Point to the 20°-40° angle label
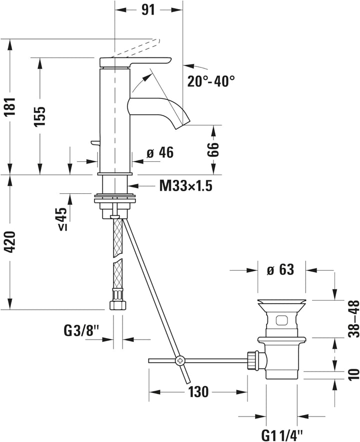[211, 81]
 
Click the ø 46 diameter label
[159, 153]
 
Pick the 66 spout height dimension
[214, 149]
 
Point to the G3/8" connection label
[82, 330]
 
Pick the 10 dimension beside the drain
[353, 374]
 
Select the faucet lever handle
[135, 61]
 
